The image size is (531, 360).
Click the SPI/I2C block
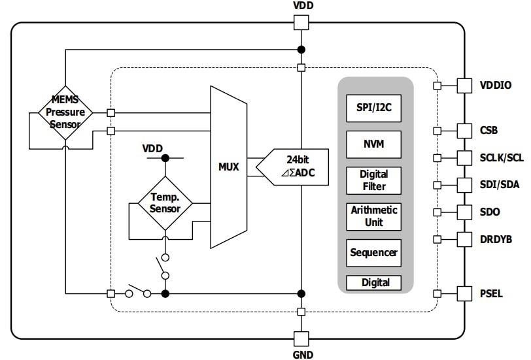373,108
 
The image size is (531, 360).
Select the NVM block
373,144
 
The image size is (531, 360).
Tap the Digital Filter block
373,180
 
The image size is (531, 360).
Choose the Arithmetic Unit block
373,216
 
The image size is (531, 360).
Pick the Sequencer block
373,252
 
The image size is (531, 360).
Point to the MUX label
228,167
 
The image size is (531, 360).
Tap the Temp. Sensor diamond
165,203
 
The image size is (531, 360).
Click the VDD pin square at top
301,22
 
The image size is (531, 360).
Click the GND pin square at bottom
301,338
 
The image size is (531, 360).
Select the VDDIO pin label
496,85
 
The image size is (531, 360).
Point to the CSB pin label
488,130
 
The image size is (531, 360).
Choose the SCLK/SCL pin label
502,157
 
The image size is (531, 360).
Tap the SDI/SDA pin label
500,185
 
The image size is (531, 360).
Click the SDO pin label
489,212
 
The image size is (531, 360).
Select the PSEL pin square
464,293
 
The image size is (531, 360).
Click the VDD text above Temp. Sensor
152,148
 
